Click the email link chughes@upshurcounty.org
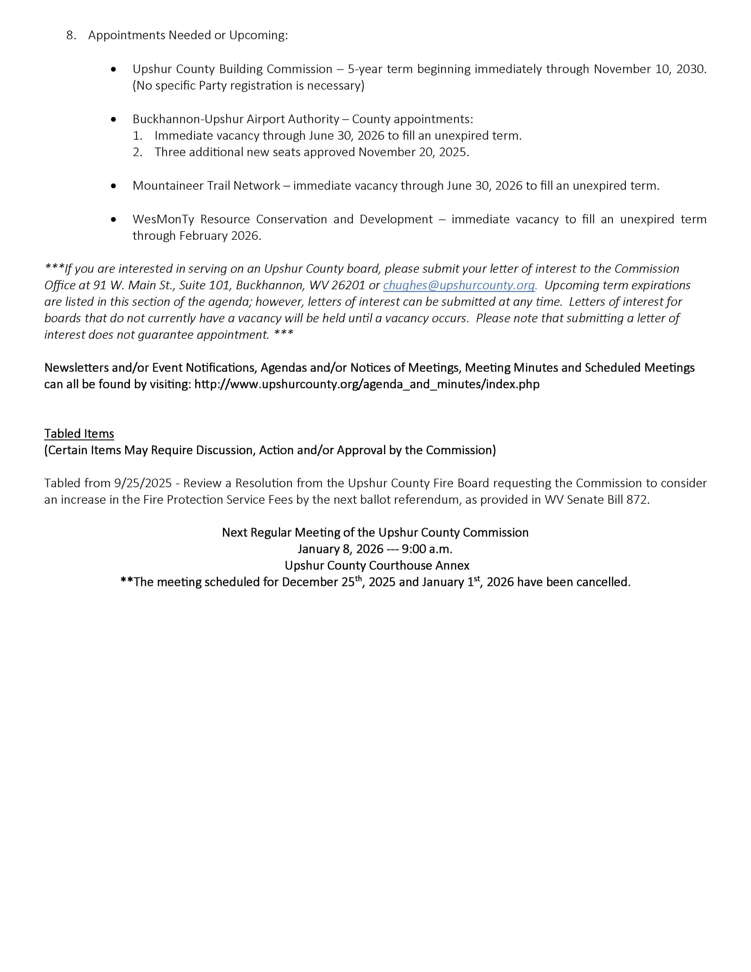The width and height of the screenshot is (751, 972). [459, 285]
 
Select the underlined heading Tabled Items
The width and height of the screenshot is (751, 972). [79, 434]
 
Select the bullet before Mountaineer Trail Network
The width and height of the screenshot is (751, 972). [114, 186]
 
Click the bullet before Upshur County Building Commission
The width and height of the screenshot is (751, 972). [114, 70]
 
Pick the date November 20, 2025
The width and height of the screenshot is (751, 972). [413, 152]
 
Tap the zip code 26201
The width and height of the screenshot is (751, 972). [348, 285]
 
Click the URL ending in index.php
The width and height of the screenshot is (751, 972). [367, 384]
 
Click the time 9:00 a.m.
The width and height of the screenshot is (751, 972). [427, 549]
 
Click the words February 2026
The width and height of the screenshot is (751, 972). [219, 236]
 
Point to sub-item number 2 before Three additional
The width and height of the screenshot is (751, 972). [138, 152]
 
